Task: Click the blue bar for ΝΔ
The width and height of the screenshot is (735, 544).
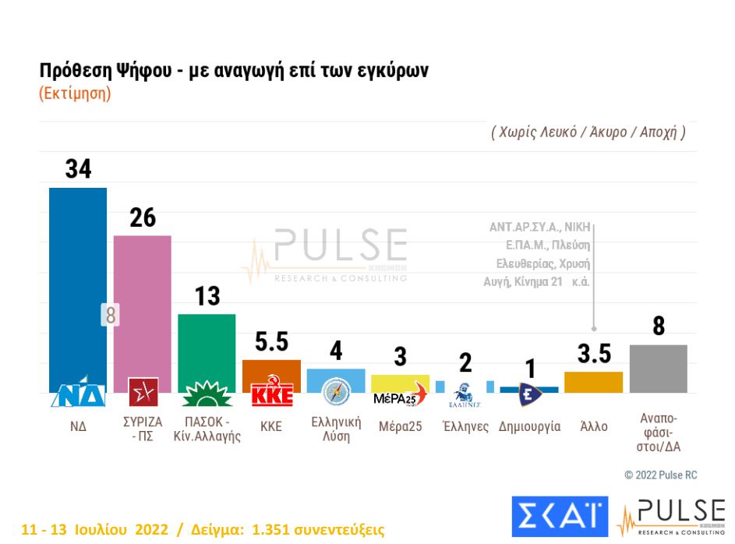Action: coord(78,281)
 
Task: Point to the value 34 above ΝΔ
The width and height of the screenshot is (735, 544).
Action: coord(78,169)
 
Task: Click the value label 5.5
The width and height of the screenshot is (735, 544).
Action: coord(271,343)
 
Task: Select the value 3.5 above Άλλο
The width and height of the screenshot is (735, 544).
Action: coord(594,355)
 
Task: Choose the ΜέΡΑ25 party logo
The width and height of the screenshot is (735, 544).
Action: coord(401,395)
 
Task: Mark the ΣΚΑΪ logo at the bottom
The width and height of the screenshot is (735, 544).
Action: coord(560,515)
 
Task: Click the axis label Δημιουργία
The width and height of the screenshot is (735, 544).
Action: coord(529,427)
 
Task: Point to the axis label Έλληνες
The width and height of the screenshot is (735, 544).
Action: coord(465,427)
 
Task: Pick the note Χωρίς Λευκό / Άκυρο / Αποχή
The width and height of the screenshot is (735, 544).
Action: coord(588,132)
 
